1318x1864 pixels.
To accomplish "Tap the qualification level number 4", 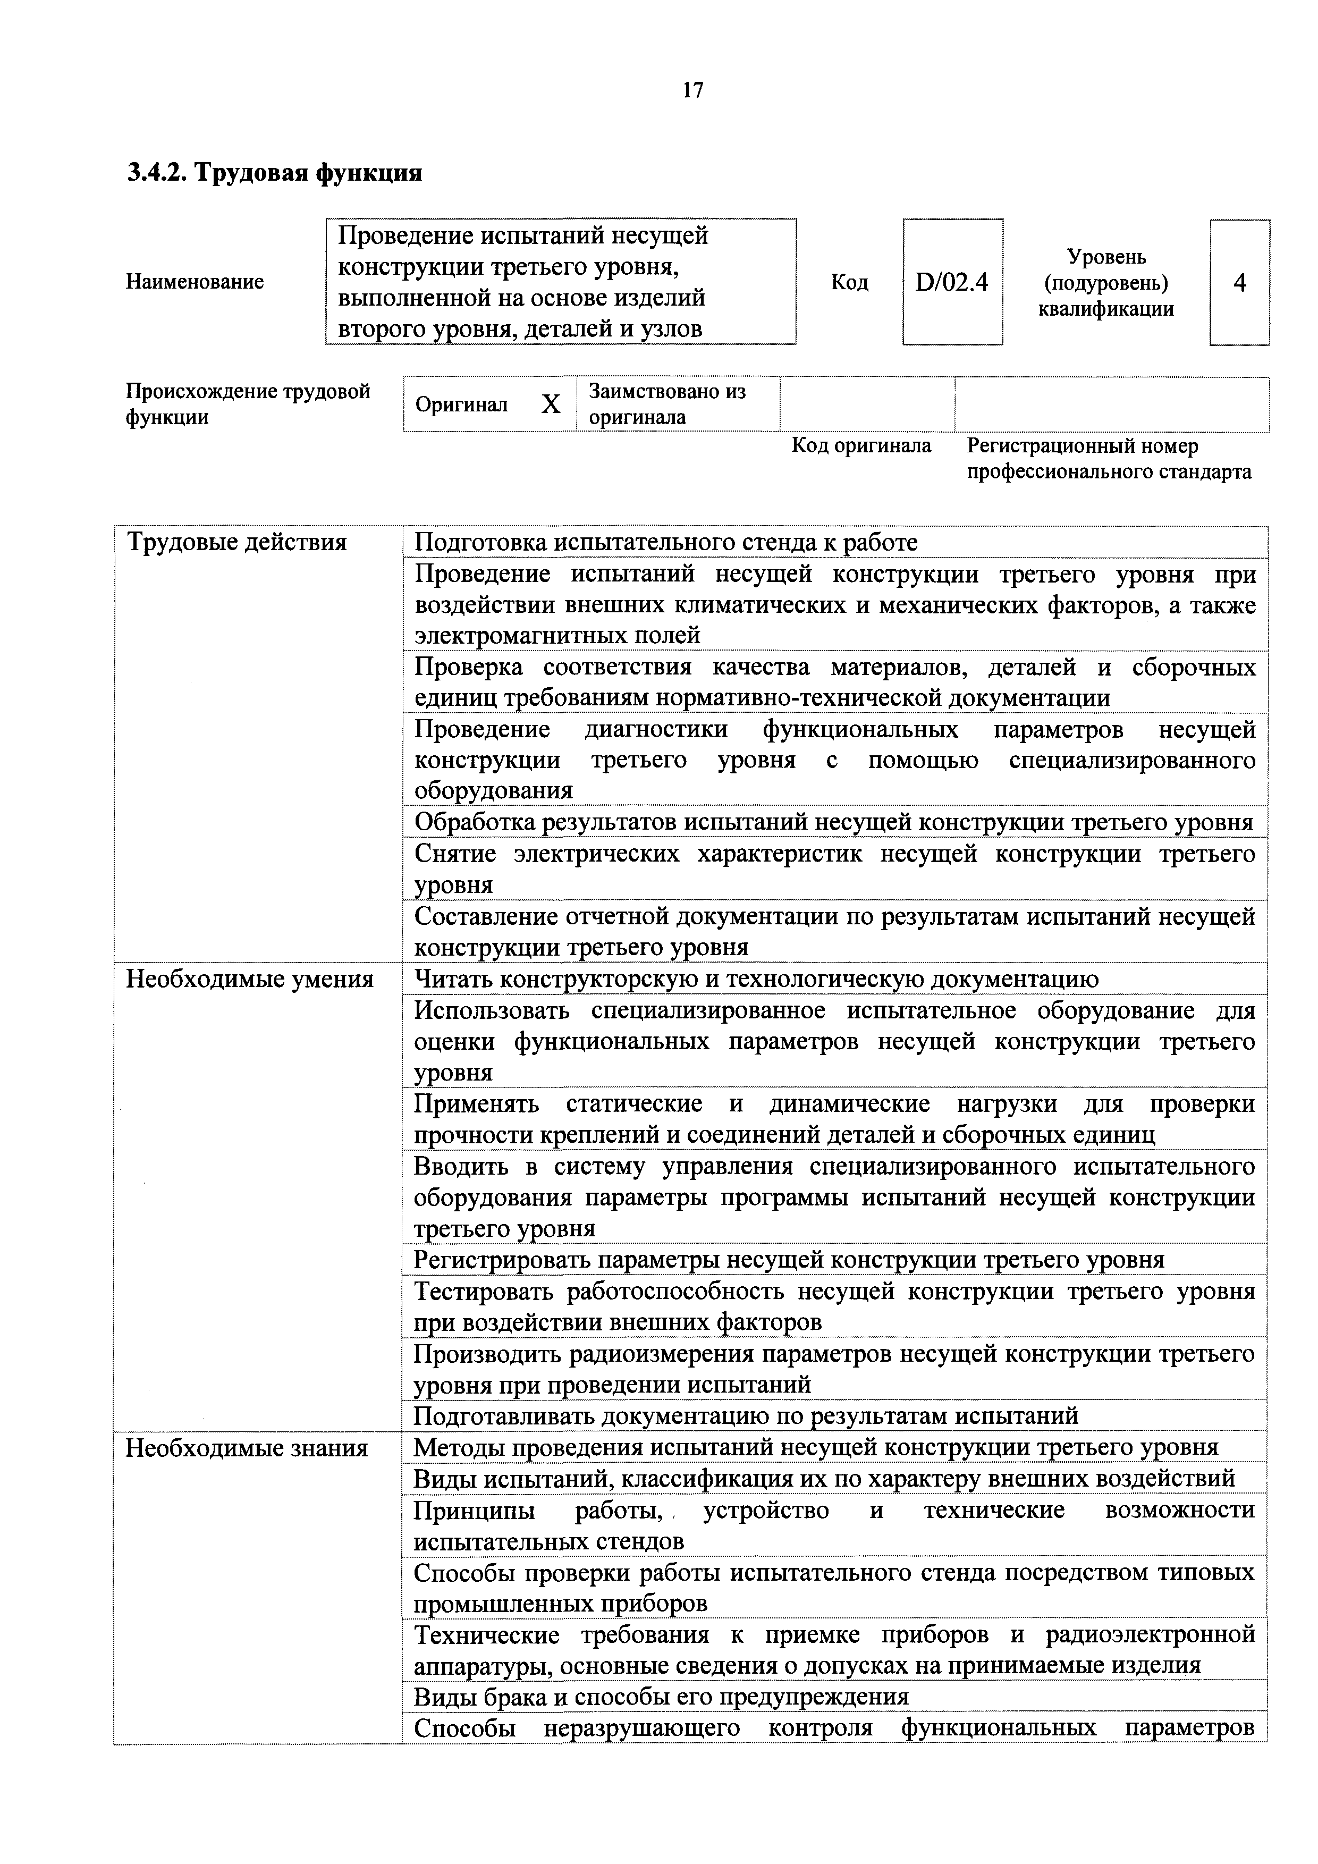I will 1239,283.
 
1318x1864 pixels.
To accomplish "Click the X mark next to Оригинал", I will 551,404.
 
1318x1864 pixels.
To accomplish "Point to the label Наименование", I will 195,283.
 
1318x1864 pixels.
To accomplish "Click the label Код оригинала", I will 861,446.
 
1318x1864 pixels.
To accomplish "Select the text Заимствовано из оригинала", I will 666,404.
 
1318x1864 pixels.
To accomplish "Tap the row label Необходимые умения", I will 249,980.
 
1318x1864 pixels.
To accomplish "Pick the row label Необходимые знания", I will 247,1448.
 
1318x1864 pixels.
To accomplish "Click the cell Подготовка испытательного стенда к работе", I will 666,542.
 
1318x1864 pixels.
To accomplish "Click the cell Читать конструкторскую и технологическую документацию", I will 756,980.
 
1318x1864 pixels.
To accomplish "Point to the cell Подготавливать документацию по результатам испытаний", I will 746,1416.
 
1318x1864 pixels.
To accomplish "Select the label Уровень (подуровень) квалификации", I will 1105,283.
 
